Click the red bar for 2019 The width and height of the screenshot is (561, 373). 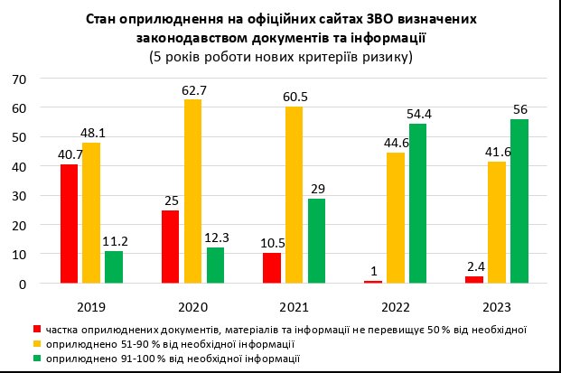[x=69, y=224]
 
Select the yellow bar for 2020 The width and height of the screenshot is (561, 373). [x=192, y=191]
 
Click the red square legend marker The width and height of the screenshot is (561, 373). [x=36, y=329]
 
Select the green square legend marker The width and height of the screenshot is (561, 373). [x=36, y=359]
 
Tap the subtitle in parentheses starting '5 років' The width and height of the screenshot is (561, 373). [x=280, y=57]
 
